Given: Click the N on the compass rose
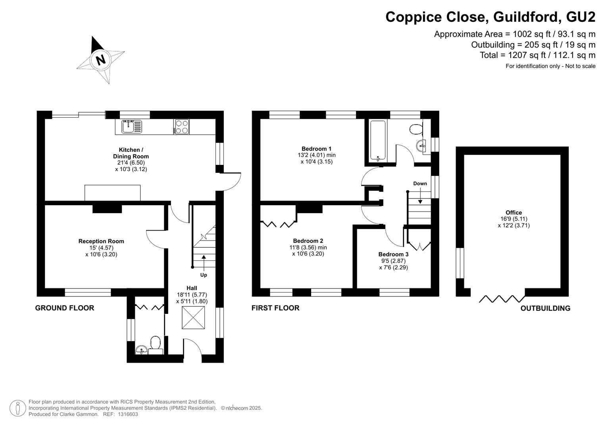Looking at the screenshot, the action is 101,60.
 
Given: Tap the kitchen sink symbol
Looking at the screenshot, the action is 131,127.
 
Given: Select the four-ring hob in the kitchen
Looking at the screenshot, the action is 181,127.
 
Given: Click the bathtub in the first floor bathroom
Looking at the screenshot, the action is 378,141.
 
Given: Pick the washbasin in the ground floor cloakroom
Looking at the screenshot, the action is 141,350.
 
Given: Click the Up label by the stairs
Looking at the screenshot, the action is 204,275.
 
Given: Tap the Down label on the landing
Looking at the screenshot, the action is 420,183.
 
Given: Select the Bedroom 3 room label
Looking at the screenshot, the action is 393,254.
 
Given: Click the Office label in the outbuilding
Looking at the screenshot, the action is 514,213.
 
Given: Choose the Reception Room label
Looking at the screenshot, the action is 101,241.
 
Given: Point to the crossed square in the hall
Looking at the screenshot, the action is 193,317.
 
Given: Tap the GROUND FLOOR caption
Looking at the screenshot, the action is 65,308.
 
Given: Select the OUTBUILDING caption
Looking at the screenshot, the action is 545,308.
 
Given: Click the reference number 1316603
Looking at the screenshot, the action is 127,414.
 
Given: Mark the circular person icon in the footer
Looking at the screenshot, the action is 17,408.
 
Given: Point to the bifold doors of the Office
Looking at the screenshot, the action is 502,298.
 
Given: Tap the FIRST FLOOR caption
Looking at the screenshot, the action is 275,308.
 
